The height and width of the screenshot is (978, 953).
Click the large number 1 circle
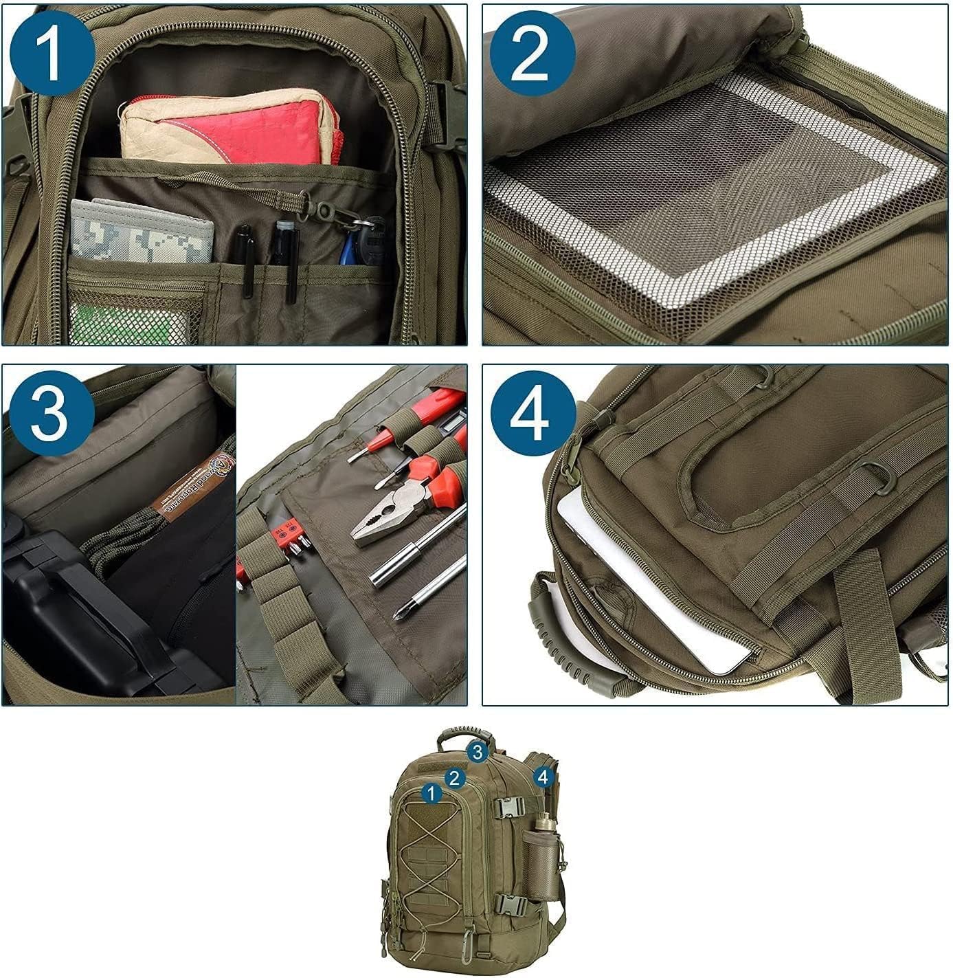pos(52,54)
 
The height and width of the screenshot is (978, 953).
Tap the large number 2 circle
pos(532,54)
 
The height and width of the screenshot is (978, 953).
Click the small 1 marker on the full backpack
pos(431,794)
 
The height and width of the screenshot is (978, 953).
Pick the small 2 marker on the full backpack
pos(454,778)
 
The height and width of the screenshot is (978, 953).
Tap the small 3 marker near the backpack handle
pos(479,751)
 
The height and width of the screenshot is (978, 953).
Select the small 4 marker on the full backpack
pos(543,777)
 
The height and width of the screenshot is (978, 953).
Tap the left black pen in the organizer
pos(245,258)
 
